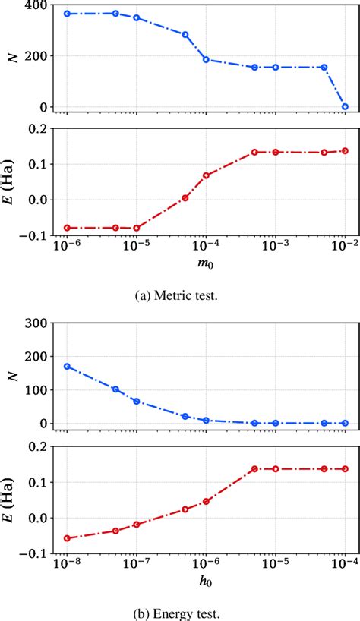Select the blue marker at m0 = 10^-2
pos(345,106)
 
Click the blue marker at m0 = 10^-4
pos(206,59)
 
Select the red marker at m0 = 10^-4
pos(206,175)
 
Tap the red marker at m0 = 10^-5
pos(137,228)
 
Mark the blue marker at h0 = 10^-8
pos(67,366)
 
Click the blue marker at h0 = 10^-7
pos(137,401)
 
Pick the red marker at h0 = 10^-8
pos(67,538)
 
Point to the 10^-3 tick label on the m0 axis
pos(275,247)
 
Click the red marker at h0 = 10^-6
pos(206,501)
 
